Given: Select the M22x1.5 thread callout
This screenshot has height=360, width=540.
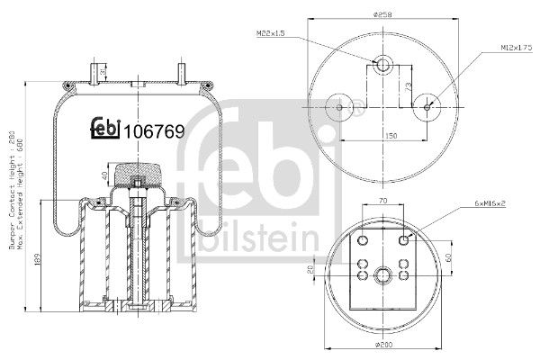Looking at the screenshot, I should coord(272,34).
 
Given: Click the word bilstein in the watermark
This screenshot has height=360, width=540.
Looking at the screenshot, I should coord(257,238).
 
